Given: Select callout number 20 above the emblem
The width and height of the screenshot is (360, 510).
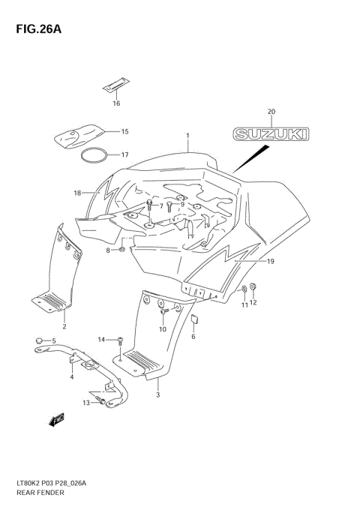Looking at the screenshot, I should pos(271,112).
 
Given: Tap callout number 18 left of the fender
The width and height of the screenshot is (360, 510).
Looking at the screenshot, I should pos(77,193).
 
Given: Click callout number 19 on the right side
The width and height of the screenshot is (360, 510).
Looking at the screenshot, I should pos(271,261).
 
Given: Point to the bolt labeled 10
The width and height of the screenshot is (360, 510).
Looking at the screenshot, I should pos(163,311).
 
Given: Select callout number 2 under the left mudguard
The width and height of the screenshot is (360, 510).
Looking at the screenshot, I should pos(64,327).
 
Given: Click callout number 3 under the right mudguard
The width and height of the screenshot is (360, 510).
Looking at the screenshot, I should pos(157,394).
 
